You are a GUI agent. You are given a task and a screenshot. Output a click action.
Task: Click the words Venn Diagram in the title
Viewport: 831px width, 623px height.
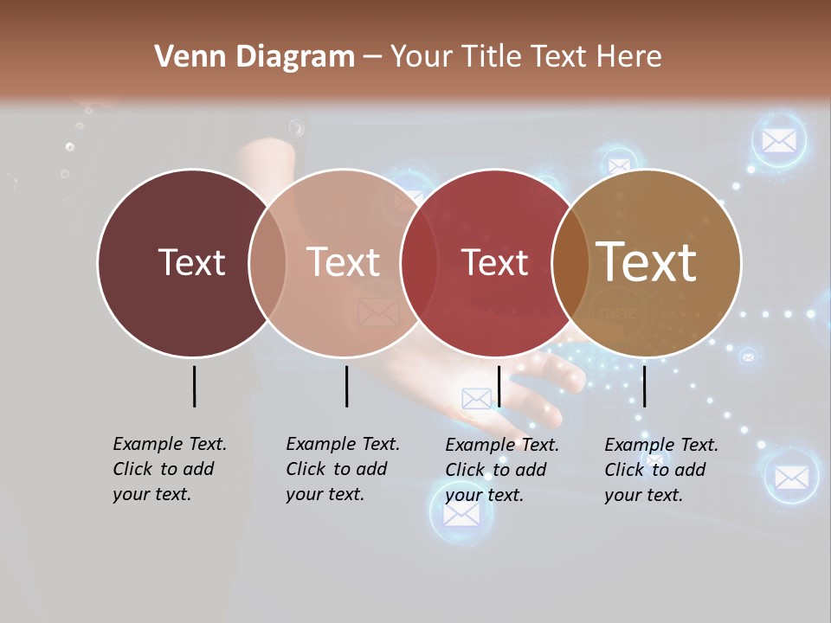tap(254, 57)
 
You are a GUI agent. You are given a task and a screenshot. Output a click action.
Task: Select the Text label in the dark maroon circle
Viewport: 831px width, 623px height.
tap(191, 262)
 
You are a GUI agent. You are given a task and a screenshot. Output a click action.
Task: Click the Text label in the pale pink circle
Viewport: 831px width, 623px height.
tap(344, 262)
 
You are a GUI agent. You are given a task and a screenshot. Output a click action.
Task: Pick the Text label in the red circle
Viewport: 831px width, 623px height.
tap(494, 262)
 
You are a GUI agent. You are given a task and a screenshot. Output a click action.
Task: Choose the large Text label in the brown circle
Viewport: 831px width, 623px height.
tap(647, 262)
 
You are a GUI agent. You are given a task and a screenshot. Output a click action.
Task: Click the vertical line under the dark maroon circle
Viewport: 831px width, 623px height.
tap(194, 386)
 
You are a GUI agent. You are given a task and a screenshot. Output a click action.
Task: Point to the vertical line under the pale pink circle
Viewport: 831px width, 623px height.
tap(346, 386)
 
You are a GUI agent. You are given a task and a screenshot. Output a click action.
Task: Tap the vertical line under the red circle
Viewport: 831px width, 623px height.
tap(499, 386)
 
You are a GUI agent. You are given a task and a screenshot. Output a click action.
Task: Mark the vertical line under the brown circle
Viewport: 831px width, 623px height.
tap(644, 386)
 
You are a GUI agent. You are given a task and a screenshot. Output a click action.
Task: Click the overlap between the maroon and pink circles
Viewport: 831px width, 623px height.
tap(267, 262)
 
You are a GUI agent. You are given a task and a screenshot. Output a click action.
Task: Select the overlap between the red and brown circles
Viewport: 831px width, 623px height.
tap(570, 262)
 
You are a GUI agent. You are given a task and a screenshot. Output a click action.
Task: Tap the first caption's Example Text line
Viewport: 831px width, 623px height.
tap(170, 444)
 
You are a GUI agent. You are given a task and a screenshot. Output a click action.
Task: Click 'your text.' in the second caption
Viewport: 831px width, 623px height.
tap(325, 494)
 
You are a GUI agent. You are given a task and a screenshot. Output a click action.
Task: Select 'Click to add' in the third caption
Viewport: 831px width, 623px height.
tap(496, 470)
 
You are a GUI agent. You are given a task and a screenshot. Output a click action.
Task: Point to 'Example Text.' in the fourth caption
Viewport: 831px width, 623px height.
tap(661, 445)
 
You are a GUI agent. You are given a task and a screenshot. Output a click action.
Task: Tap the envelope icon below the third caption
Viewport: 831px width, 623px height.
tap(461, 514)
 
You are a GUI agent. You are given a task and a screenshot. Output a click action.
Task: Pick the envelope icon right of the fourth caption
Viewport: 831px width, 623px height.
tap(791, 477)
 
